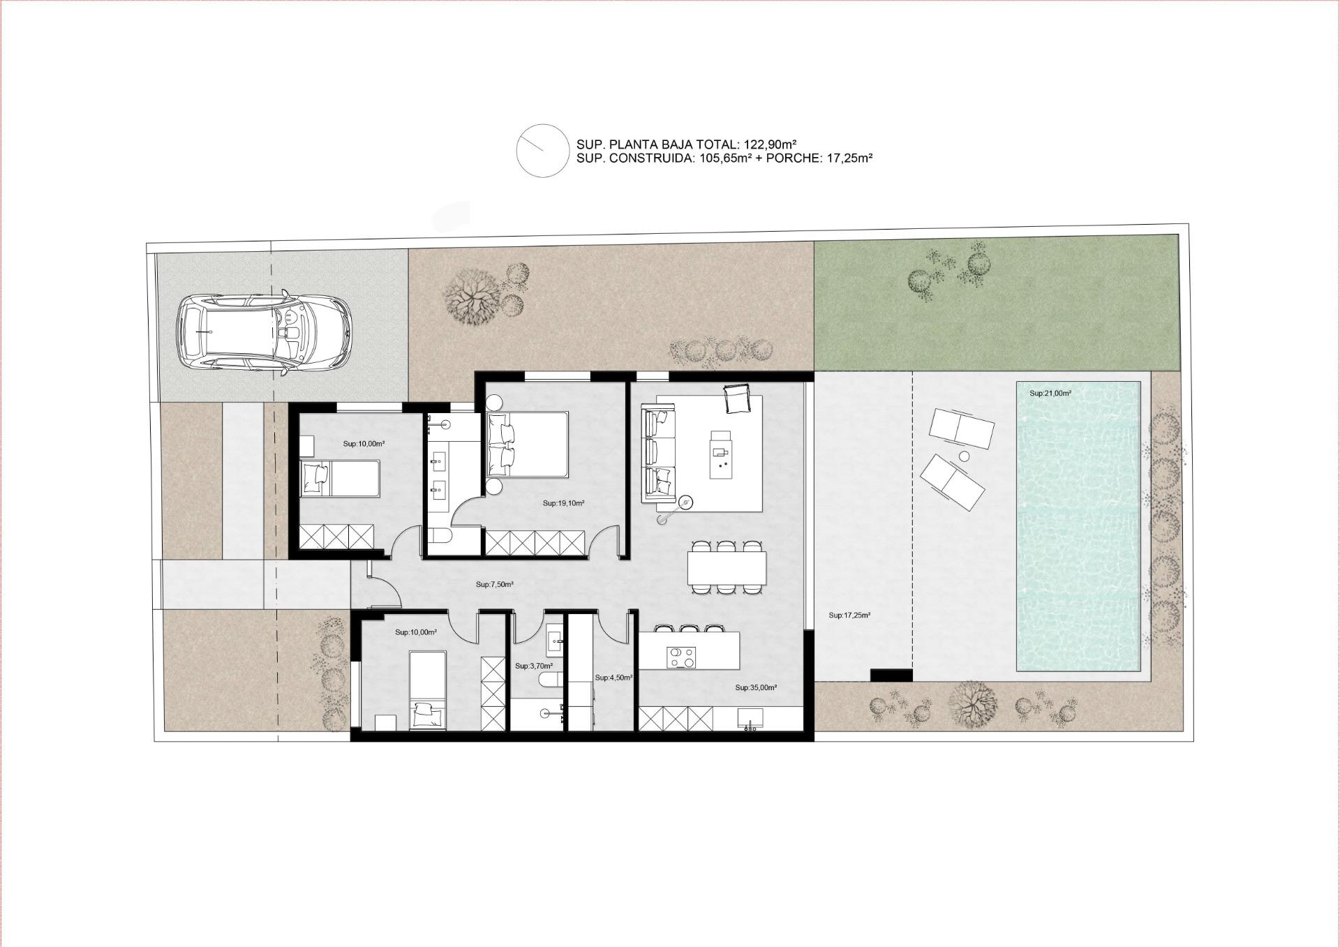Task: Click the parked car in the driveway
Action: pos(263,333)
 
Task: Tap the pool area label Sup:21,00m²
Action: pos(1050,394)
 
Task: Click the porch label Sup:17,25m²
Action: pos(849,616)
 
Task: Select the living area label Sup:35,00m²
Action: pos(756,687)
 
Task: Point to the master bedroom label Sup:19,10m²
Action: pos(563,503)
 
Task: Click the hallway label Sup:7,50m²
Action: pos(495,585)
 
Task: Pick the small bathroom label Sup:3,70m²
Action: pos(534,666)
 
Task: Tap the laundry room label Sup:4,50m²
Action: pos(613,678)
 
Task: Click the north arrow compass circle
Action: pos(542,150)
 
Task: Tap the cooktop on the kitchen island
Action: pos(680,657)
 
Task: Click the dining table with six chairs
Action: pos(727,568)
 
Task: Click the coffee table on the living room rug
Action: pos(722,454)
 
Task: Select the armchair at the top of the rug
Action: pos(736,399)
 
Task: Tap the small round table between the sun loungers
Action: pos(965,456)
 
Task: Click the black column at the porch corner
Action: pos(891,676)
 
